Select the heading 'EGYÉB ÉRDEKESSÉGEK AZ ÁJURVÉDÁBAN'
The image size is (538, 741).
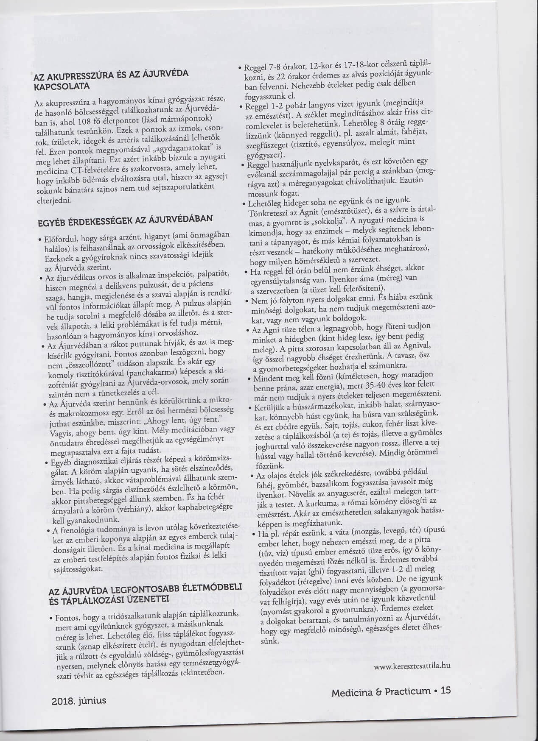(x=124, y=220)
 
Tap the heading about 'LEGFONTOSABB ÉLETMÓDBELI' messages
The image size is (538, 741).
(x=146, y=591)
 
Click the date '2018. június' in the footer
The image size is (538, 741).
(x=78, y=700)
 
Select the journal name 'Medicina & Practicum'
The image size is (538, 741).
(x=381, y=692)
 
